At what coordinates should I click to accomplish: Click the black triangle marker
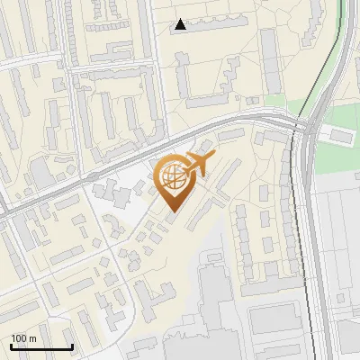coord(181,24)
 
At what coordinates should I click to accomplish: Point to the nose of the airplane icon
coord(212,155)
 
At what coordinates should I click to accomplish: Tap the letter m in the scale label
coord(32,338)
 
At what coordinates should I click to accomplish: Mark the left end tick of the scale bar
coord(11,346)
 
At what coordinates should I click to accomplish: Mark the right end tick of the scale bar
coord(72,346)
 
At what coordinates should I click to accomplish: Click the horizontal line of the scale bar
coord(41,347)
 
